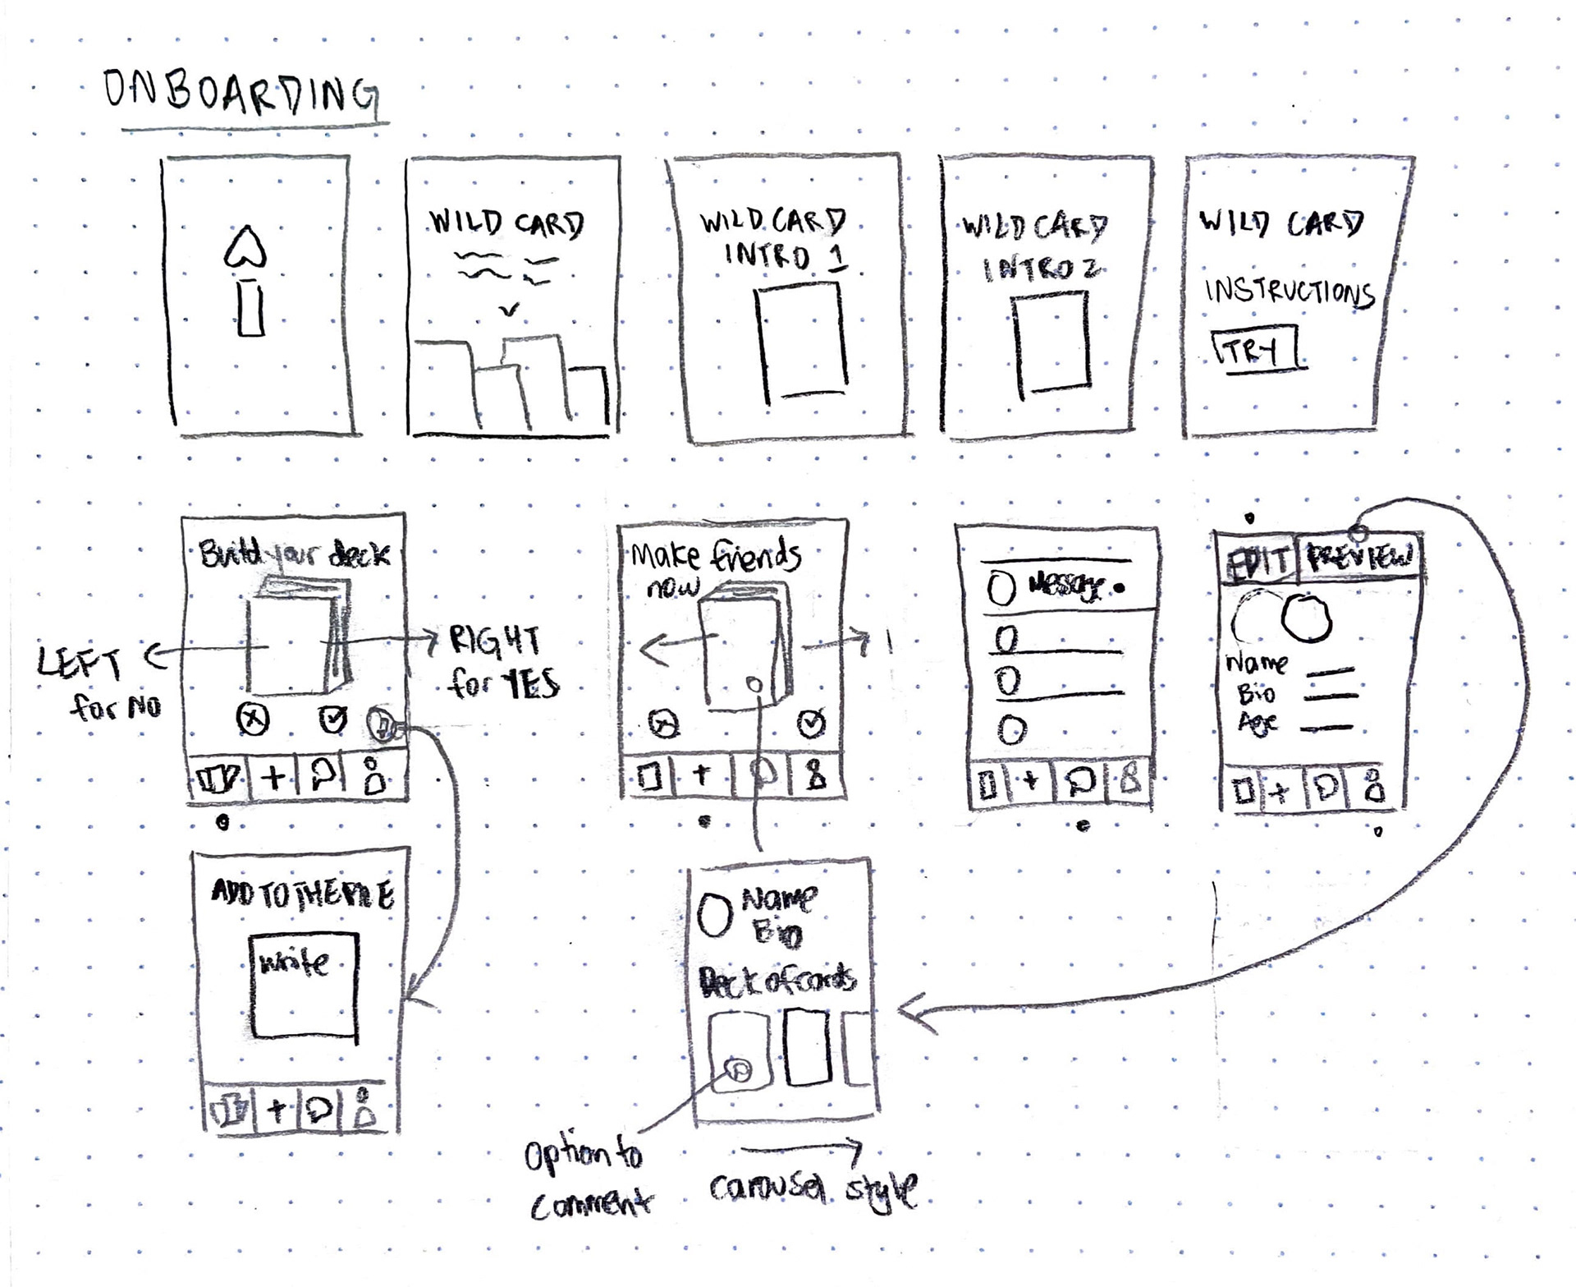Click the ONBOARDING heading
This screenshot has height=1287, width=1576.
click(x=241, y=92)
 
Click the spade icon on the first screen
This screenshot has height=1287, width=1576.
click(x=245, y=246)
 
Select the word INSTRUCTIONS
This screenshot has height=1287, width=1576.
click(x=1290, y=292)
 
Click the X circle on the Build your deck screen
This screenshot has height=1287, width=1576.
click(x=253, y=720)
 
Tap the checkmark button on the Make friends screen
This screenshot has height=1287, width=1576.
click(x=811, y=724)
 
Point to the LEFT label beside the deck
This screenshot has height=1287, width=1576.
click(x=80, y=662)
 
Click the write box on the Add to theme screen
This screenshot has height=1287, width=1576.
click(x=304, y=985)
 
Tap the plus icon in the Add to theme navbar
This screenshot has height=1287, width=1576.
click(x=277, y=1110)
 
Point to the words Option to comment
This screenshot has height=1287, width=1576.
click(x=586, y=1179)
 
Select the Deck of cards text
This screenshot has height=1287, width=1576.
click(x=777, y=981)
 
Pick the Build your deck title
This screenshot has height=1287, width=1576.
click(x=295, y=555)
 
